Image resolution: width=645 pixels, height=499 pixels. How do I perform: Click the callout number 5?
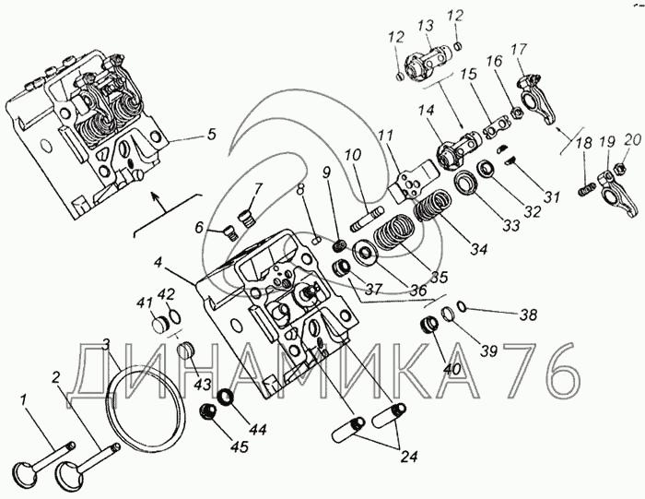click(211, 134)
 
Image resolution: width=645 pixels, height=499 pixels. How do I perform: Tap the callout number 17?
click(519, 49)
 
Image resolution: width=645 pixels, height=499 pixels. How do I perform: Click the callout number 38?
click(527, 315)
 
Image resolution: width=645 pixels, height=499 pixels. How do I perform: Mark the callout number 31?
click(551, 196)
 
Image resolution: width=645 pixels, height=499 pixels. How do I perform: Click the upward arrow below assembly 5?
click(155, 196)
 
